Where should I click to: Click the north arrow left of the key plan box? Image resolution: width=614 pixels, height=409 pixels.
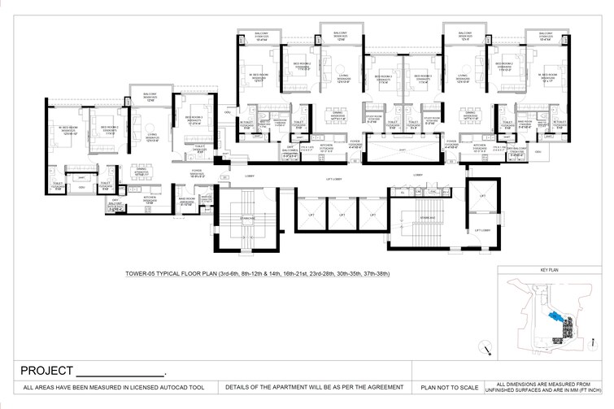click(486, 350)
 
